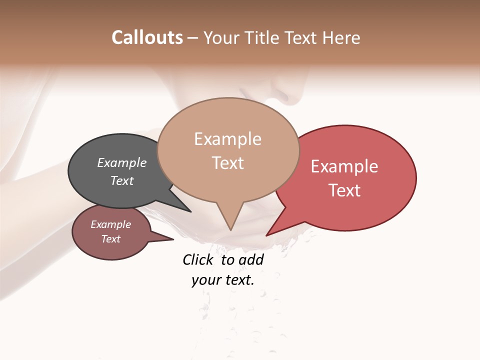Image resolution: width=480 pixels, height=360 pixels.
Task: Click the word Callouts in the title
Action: (147, 37)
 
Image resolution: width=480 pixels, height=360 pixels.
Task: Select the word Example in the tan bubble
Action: (227, 139)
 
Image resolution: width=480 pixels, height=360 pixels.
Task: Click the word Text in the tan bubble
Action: (227, 163)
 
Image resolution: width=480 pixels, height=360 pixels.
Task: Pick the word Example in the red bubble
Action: (344, 166)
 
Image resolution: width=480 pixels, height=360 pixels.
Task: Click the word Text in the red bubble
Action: (344, 190)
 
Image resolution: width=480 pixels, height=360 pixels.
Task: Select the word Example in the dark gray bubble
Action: (122, 163)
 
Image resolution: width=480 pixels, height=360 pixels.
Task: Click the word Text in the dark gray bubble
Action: (122, 180)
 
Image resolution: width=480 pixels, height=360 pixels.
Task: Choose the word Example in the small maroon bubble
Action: (111, 224)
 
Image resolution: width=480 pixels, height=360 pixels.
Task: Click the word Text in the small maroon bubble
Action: (111, 239)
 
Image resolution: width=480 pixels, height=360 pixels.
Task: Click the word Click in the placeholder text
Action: (197, 259)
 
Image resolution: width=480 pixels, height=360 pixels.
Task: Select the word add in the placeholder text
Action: (251, 259)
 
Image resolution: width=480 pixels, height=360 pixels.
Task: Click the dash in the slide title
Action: (192, 38)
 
